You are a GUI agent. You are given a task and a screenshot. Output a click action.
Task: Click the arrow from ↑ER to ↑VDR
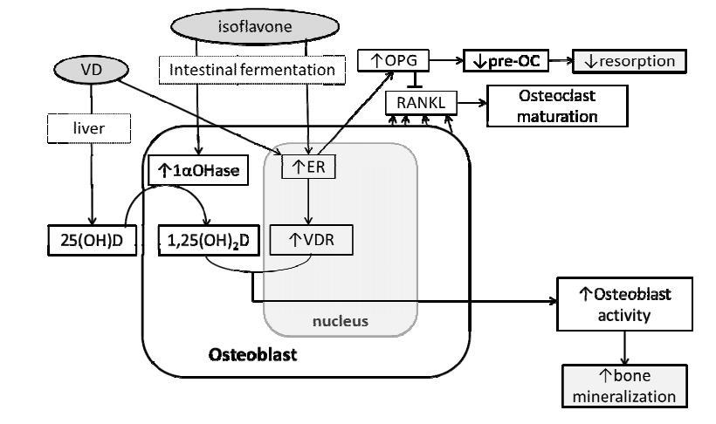(306, 201)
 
